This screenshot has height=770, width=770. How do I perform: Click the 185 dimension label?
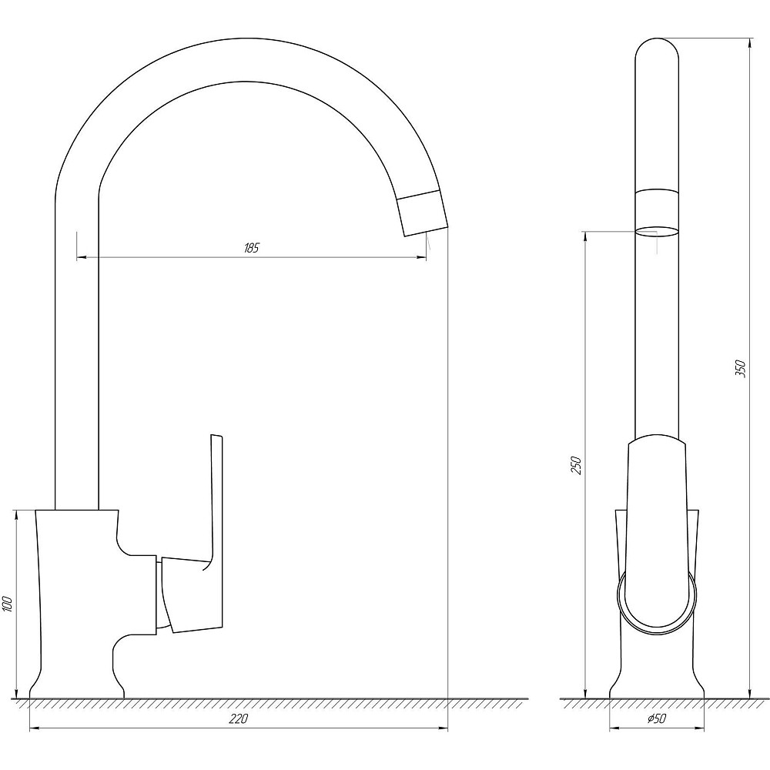pyautogui.click(x=251, y=247)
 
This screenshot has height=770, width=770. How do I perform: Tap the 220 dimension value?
pyautogui.click(x=239, y=719)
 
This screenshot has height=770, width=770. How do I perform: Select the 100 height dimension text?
pyautogui.click(x=8, y=604)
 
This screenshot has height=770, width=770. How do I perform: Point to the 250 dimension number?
pyautogui.click(x=576, y=466)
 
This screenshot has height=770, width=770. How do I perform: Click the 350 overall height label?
pyautogui.click(x=741, y=369)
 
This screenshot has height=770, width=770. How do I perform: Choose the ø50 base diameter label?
pyautogui.click(x=657, y=719)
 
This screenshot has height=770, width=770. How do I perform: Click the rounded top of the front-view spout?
pyautogui.click(x=657, y=49)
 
